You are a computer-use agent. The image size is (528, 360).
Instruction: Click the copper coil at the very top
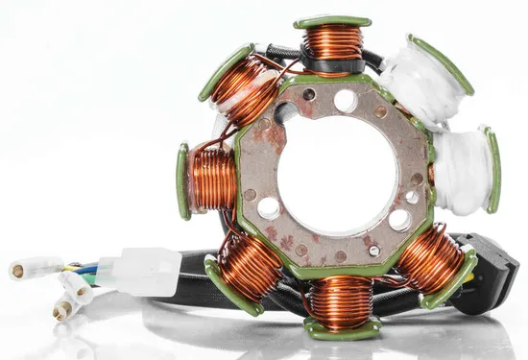(x=333, y=42)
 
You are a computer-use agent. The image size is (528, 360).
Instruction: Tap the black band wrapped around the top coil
(x=333, y=65)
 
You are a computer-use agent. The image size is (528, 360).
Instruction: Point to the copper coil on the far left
(x=212, y=180)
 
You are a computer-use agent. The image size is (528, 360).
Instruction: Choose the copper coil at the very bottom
(x=340, y=300)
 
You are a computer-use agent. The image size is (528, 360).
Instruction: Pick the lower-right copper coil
(x=429, y=260)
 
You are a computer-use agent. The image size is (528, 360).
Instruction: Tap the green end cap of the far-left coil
(x=182, y=181)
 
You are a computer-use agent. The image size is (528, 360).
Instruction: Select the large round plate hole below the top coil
(x=346, y=101)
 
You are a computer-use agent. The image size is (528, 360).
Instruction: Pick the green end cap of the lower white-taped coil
(x=492, y=170)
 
